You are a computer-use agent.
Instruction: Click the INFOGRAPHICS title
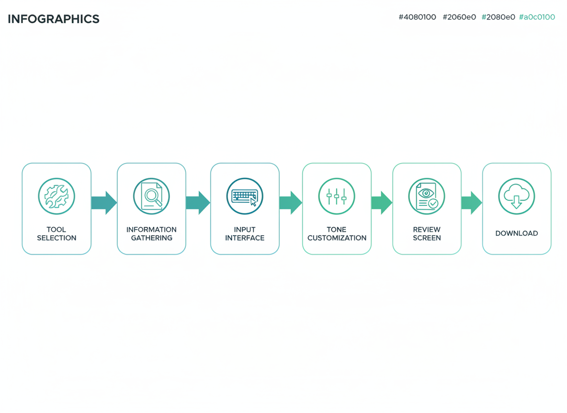pos(54,19)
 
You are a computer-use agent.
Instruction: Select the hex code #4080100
pos(417,17)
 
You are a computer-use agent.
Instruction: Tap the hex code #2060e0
pos(459,17)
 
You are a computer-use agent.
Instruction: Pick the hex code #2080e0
pos(499,17)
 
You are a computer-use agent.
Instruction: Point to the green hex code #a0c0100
pos(537,17)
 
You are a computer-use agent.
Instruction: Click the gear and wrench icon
pos(57,196)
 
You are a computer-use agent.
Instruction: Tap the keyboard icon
pos(245,196)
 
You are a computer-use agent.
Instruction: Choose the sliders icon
pos(337,196)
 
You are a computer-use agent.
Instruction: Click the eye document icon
pos(427,196)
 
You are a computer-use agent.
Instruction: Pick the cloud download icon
pos(517,196)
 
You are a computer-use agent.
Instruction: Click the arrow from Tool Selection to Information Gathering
pos(104,203)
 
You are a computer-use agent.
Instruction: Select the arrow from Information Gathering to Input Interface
pos(198,203)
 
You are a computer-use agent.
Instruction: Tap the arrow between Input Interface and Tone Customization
pos(291,203)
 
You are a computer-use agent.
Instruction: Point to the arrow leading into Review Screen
pos(382,203)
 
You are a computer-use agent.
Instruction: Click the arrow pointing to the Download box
pos(472,203)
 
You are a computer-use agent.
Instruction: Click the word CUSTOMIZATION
pos(337,238)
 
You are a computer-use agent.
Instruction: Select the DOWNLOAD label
pos(517,234)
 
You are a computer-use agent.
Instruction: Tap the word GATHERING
pos(151,238)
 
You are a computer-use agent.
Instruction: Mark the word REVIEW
pos(427,229)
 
